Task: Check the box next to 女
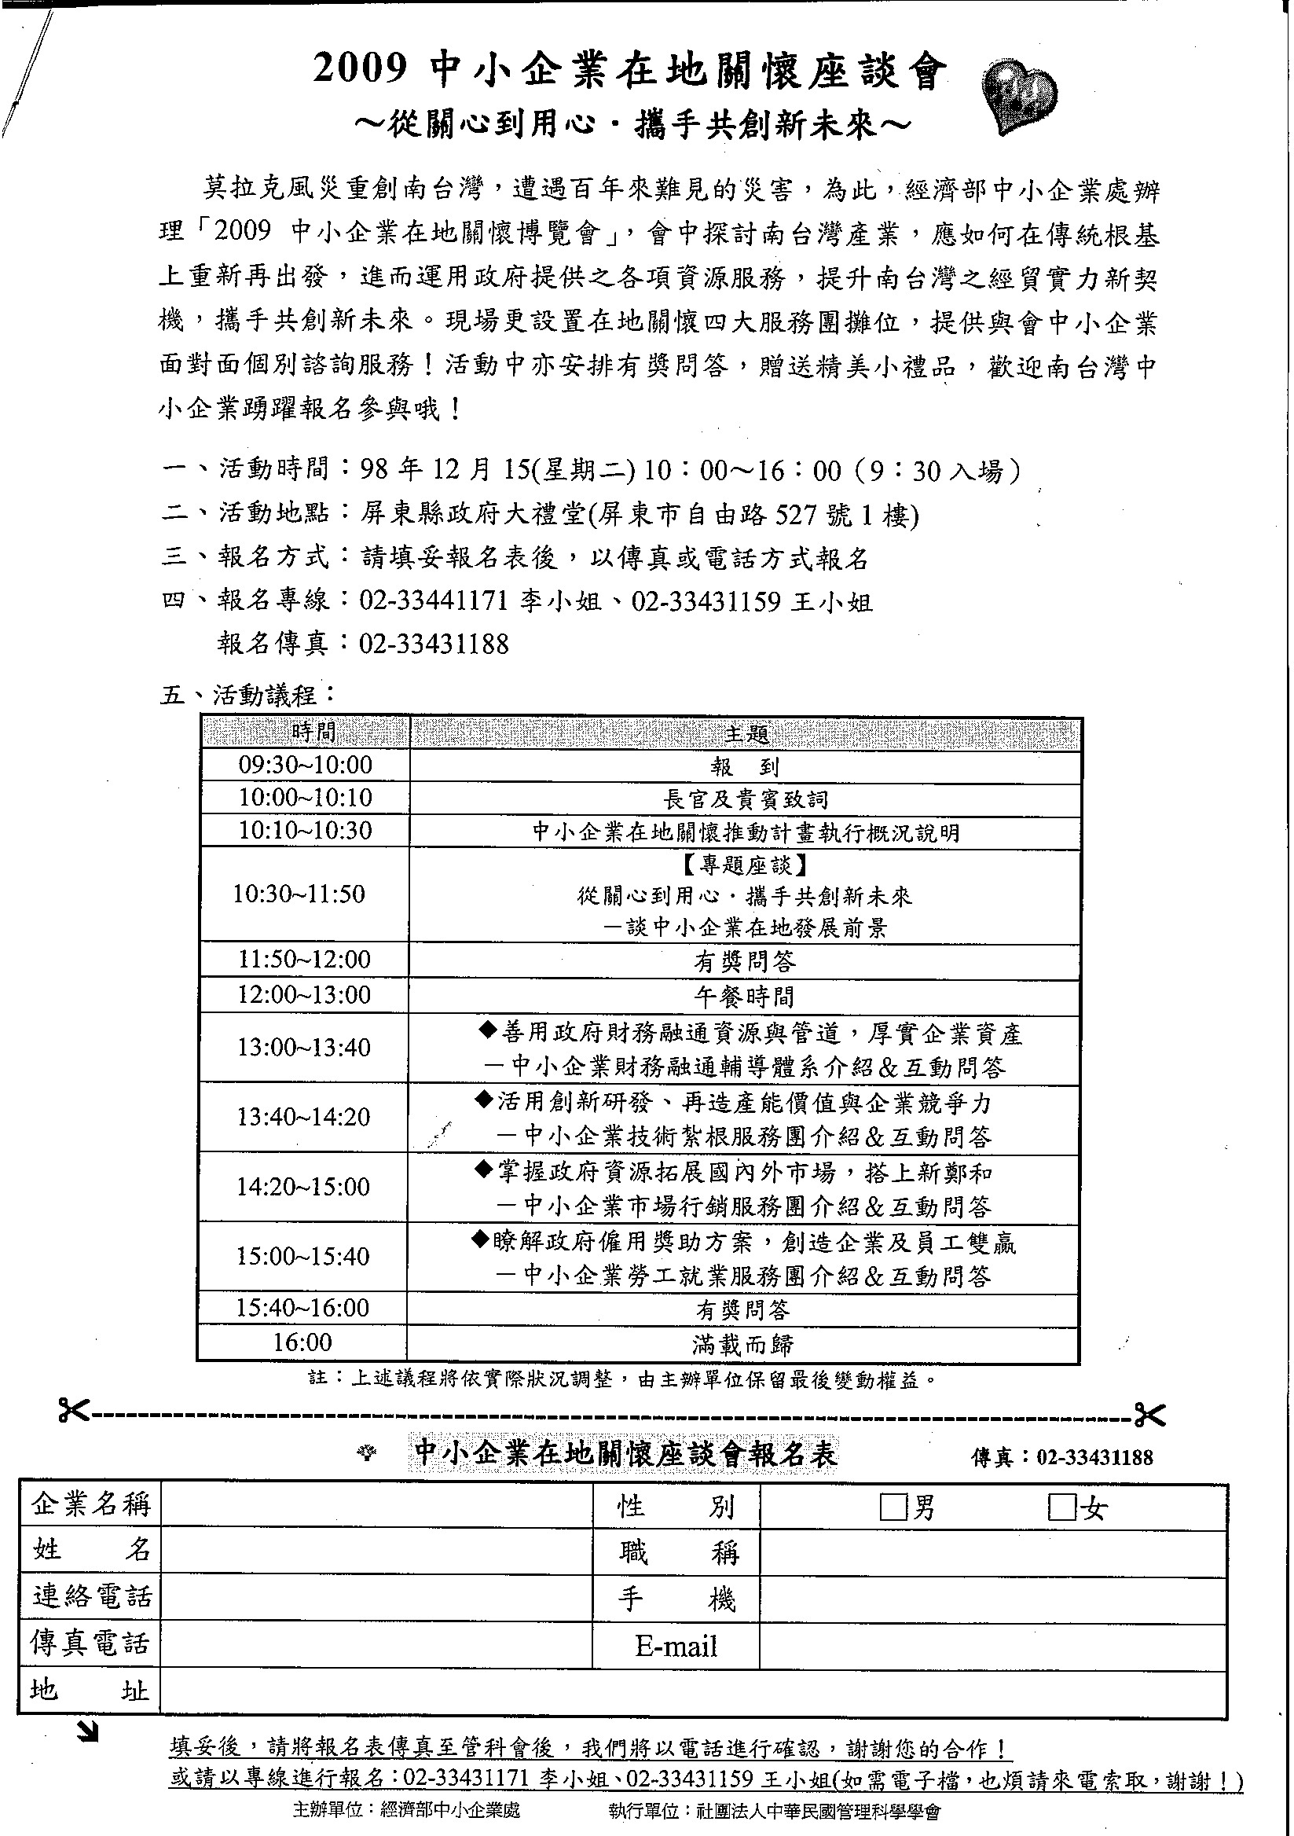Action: coord(1061,1508)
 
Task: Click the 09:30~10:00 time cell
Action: coord(306,766)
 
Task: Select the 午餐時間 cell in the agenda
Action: coord(743,996)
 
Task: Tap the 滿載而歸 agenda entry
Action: coord(743,1344)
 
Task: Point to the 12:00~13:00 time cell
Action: coord(305,995)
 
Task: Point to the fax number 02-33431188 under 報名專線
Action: coord(434,644)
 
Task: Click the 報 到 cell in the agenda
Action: coord(744,767)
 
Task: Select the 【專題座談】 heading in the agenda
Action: coord(745,865)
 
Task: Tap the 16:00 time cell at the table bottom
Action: coord(302,1342)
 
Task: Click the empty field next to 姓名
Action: coord(376,1551)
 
